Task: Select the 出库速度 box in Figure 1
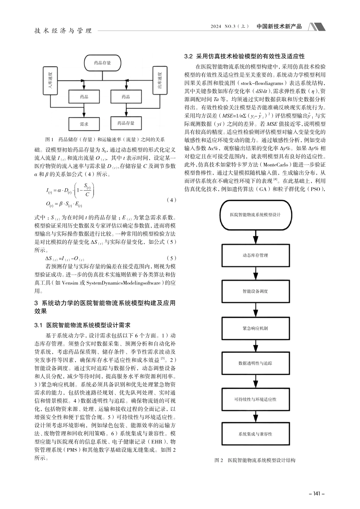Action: pyautogui.click(x=159, y=80)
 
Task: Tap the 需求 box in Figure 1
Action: pyautogui.click(x=83, y=123)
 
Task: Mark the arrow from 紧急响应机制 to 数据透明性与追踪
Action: pyautogui.click(x=255, y=345)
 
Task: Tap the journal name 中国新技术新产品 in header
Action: pyautogui.click(x=279, y=26)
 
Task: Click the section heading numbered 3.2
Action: pyautogui.click(x=244, y=56)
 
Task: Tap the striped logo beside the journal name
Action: pyautogui.click(x=317, y=27)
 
